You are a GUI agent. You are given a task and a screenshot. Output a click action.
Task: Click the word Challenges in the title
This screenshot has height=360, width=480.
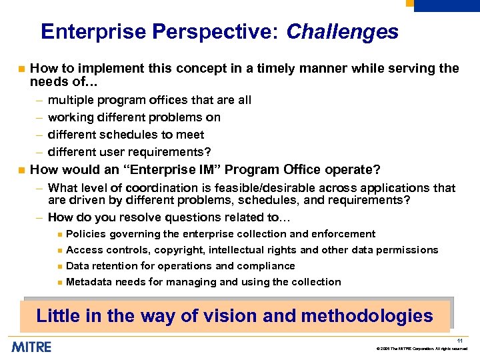pyautogui.click(x=342, y=32)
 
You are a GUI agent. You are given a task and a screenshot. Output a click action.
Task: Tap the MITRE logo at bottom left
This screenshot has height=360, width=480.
pyautogui.click(x=31, y=347)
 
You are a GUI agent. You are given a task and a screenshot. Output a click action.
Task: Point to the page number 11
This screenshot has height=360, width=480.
pyautogui.click(x=459, y=341)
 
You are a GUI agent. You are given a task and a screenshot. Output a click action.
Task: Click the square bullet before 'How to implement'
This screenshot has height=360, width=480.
pyautogui.click(x=21, y=69)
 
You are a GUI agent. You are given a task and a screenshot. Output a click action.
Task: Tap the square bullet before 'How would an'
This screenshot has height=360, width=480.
pyautogui.click(x=21, y=169)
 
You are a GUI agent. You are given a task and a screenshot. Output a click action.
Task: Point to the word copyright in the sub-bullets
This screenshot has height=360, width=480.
pyautogui.click(x=179, y=250)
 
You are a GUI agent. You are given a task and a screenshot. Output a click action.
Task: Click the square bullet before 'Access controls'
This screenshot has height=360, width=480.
pyautogui.click(x=59, y=251)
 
